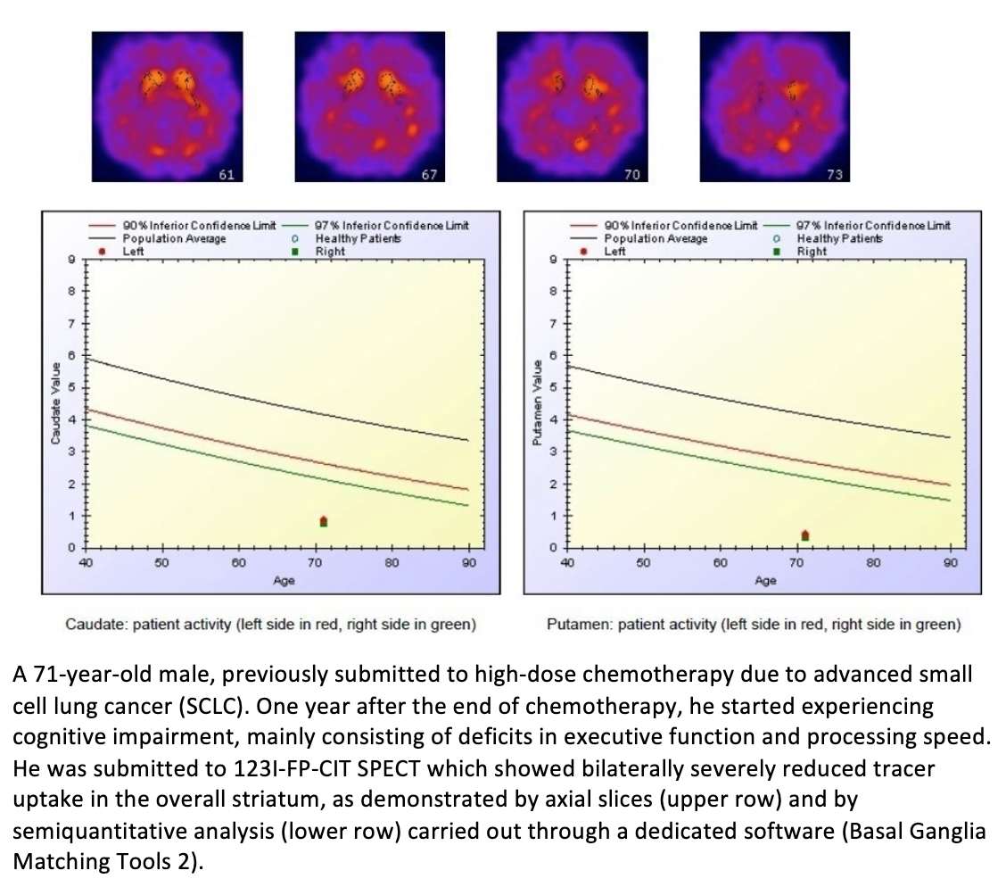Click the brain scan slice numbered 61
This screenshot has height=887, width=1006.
167,106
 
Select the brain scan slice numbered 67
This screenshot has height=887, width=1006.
369,106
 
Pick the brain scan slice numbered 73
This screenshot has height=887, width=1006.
774,106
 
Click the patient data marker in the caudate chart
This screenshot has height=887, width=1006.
324,521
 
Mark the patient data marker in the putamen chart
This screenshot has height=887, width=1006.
805,535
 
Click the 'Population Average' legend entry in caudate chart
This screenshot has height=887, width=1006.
174,238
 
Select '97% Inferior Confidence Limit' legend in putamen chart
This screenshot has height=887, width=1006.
873,226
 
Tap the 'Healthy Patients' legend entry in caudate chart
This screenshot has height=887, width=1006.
358,238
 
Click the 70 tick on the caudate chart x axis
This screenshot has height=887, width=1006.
315,563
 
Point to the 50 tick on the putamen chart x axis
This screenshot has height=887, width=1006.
643,563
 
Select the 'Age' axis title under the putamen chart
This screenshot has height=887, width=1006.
765,580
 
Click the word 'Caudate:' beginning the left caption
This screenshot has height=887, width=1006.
96,625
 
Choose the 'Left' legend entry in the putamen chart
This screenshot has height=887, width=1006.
615,251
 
